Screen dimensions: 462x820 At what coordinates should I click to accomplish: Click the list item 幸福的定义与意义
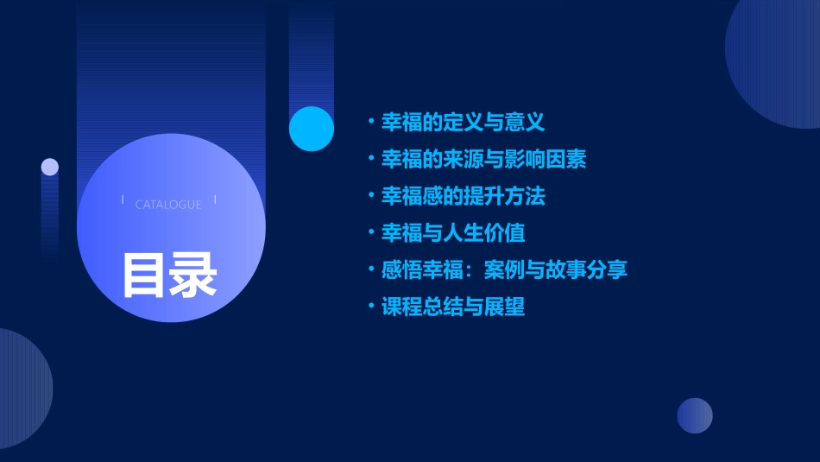tap(463, 123)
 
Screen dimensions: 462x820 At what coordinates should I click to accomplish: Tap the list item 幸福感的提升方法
tap(463, 196)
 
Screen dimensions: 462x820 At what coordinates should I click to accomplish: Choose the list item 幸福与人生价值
tap(452, 233)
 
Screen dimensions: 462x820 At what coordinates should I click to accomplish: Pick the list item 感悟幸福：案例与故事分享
tap(504, 269)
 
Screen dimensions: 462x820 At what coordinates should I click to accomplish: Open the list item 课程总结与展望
tap(452, 307)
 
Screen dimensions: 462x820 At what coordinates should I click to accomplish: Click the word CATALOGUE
tap(168, 205)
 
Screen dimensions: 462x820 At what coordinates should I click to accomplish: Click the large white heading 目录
tap(169, 274)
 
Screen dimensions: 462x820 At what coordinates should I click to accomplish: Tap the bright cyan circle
tap(312, 129)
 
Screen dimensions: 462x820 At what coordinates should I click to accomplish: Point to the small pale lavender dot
tap(50, 167)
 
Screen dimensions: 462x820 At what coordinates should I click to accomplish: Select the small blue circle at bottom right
tap(695, 415)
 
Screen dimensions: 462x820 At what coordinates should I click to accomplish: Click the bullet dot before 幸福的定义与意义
tap(370, 123)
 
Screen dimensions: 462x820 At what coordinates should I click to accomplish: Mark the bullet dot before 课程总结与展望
tap(370, 307)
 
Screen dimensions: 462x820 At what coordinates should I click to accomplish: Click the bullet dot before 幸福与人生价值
tap(370, 233)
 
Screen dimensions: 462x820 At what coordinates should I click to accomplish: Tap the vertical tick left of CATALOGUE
tap(123, 200)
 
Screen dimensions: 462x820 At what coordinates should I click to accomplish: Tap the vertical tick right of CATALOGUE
tap(215, 200)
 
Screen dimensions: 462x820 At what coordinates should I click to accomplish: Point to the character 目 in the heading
tap(144, 274)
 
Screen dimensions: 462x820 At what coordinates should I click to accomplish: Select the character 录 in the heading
tap(193, 274)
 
